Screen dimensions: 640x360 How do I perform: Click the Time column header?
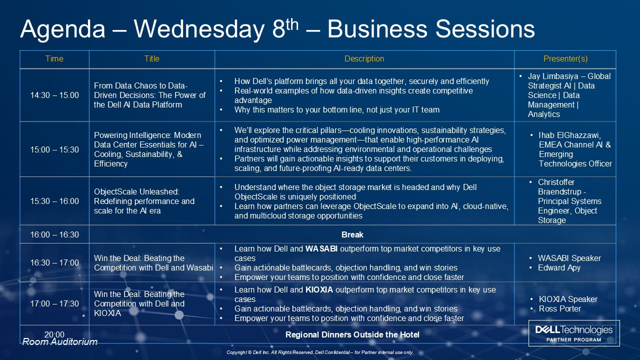pyautogui.click(x=54, y=59)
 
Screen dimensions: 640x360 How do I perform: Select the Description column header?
pyautogui.click(x=364, y=59)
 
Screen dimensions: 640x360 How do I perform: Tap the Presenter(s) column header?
pyautogui.click(x=565, y=59)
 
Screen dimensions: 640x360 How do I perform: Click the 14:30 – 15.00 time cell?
pyautogui.click(x=54, y=95)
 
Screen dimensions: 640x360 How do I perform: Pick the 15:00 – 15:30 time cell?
pyautogui.click(x=54, y=149)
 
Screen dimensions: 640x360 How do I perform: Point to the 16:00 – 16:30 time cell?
pyautogui.click(x=54, y=234)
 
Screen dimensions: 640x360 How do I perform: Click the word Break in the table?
pyautogui.click(x=352, y=234)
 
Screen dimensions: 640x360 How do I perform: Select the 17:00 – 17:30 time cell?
pyautogui.click(x=54, y=303)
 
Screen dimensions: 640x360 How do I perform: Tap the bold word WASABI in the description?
pyautogui.click(x=321, y=249)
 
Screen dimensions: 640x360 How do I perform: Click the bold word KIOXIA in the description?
pyautogui.click(x=319, y=289)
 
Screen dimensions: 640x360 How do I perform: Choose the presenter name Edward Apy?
pyautogui.click(x=559, y=268)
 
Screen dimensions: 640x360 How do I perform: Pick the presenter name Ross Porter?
pyautogui.click(x=559, y=309)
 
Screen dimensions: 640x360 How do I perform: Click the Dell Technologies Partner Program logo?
pyautogui.click(x=574, y=333)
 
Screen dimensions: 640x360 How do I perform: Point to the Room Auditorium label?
pyautogui.click(x=59, y=341)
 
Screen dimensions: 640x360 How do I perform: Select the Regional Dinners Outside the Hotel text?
pyautogui.click(x=352, y=335)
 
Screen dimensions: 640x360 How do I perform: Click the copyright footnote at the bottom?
pyautogui.click(x=320, y=352)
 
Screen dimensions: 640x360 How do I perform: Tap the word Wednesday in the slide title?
pyautogui.click(x=199, y=29)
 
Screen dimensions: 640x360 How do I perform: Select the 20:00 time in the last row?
pyautogui.click(x=54, y=334)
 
